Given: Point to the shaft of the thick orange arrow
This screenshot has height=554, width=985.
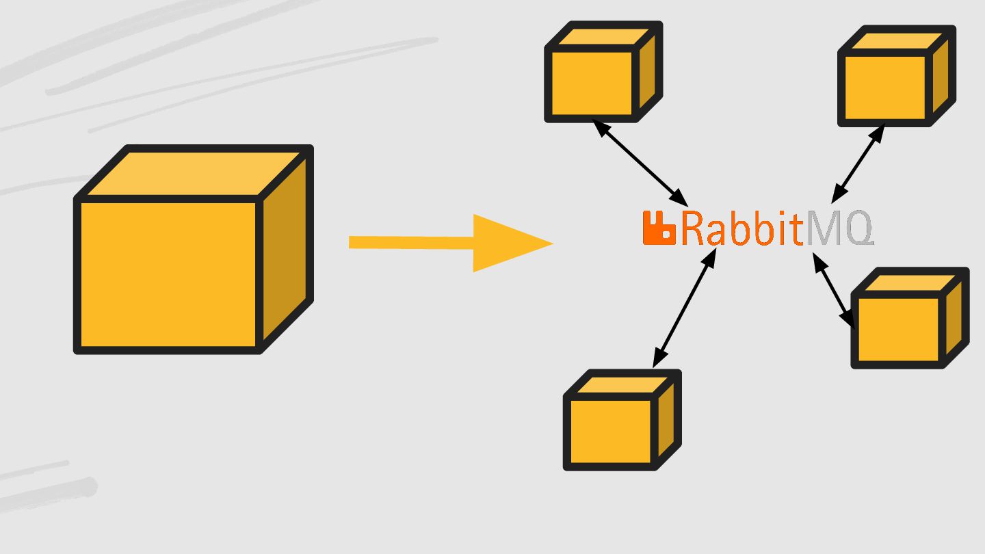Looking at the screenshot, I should tap(410, 242).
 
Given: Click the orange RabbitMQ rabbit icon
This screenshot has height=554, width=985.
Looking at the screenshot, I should tap(659, 228).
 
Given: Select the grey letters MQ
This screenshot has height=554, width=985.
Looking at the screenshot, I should tap(840, 229).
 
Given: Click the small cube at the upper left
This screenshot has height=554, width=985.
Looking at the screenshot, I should tap(592, 82).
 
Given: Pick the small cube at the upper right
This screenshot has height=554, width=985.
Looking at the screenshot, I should tap(886, 87).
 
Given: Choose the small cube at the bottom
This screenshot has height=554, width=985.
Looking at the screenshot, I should tap(611, 431).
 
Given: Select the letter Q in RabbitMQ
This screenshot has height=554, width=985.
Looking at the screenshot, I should tap(857, 229).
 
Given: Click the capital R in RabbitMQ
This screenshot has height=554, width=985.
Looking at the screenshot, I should tap(693, 229).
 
